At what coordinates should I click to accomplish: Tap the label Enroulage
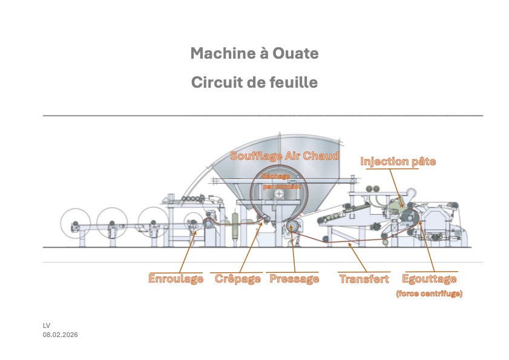pyautogui.click(x=176, y=279)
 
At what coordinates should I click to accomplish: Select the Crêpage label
pyautogui.click(x=238, y=279)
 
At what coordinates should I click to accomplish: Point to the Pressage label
pyautogui.click(x=294, y=279)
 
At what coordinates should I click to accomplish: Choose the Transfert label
pyautogui.click(x=364, y=279)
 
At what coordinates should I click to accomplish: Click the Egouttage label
pyautogui.click(x=429, y=279)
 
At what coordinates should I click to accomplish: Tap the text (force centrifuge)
pyautogui.click(x=429, y=293)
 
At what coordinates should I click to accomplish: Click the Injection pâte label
pyautogui.click(x=398, y=162)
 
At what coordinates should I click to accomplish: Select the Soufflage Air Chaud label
pyautogui.click(x=284, y=155)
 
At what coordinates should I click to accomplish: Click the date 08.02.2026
pyautogui.click(x=60, y=335)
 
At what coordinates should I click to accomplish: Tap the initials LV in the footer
pyautogui.click(x=46, y=326)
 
